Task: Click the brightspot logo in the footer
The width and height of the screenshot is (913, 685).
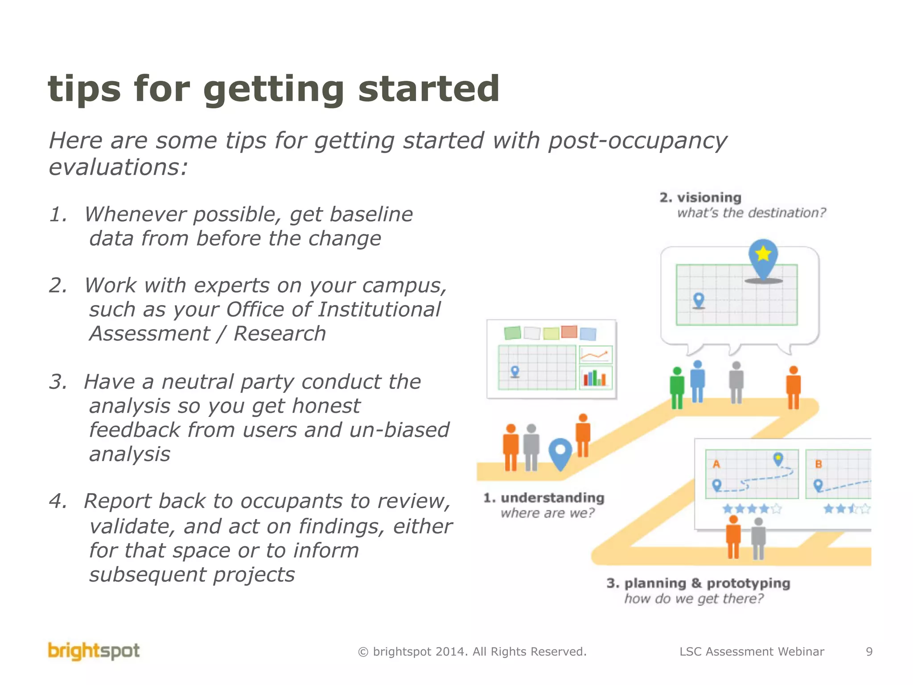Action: pyautogui.click(x=94, y=651)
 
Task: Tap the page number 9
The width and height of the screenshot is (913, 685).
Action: pyautogui.click(x=869, y=652)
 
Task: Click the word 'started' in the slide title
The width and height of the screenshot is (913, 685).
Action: pyautogui.click(x=428, y=89)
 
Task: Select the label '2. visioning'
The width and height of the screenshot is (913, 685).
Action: pyautogui.click(x=700, y=198)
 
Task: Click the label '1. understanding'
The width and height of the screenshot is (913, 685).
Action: pyautogui.click(x=544, y=498)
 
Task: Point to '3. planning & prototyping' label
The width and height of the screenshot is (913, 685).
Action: pyautogui.click(x=698, y=583)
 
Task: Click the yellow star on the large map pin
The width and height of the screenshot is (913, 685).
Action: pyautogui.click(x=763, y=253)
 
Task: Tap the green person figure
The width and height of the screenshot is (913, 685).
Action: pyautogui.click(x=677, y=387)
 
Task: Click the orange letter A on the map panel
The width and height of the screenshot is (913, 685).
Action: pyautogui.click(x=716, y=464)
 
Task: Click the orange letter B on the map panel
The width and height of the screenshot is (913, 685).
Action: pyautogui.click(x=818, y=464)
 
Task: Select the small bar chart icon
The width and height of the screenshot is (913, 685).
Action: pyautogui.click(x=595, y=378)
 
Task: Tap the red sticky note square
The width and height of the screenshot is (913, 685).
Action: pyautogui.click(x=569, y=332)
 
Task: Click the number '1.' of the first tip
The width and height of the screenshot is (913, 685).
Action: pyautogui.click(x=58, y=215)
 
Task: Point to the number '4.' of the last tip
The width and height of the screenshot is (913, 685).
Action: pyautogui.click(x=58, y=501)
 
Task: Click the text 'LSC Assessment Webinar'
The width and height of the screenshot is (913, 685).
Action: pyautogui.click(x=752, y=652)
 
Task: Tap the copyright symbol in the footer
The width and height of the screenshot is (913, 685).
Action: pyautogui.click(x=363, y=652)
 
